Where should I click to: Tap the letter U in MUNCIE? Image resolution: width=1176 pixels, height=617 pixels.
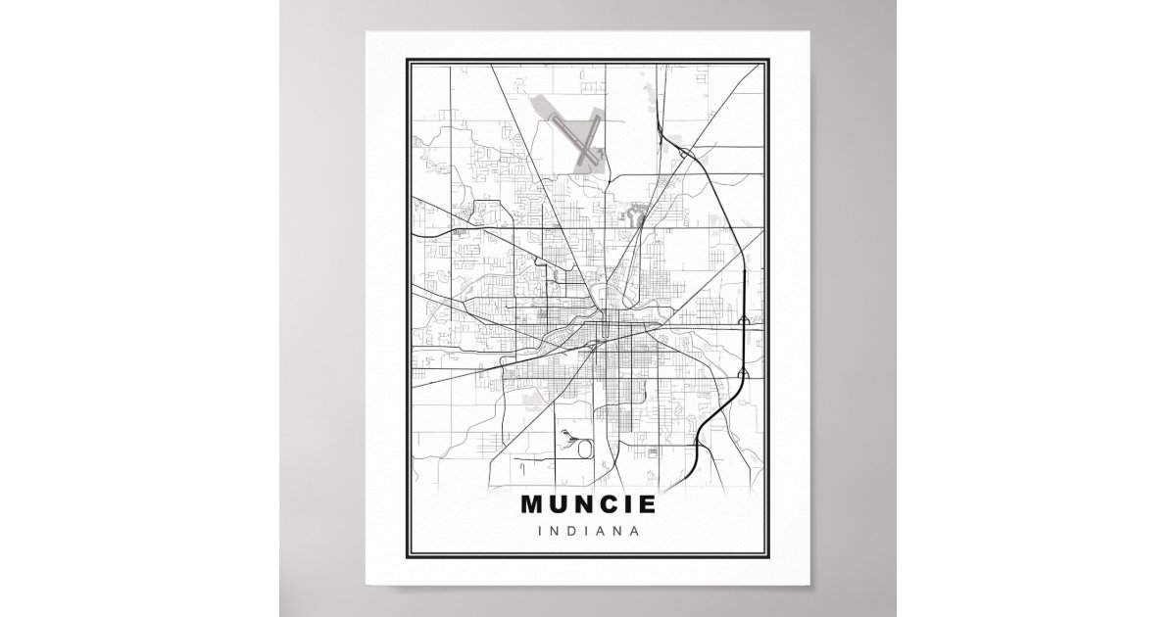(x=561, y=506)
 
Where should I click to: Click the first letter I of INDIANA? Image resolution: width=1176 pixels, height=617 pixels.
(x=541, y=532)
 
